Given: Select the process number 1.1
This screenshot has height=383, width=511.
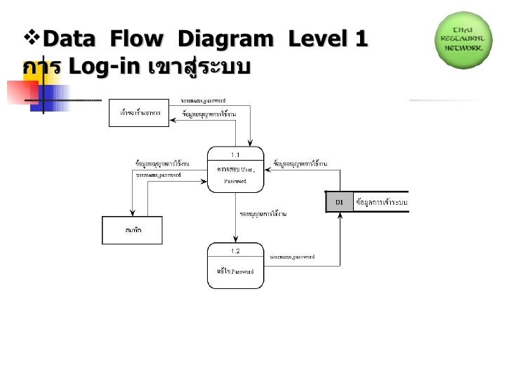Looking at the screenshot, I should click(x=235, y=154).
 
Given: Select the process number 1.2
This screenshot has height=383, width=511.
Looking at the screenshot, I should click(x=235, y=250).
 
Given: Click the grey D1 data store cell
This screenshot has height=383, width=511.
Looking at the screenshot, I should click(x=339, y=202).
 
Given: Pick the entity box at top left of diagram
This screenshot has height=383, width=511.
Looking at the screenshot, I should click(x=139, y=113).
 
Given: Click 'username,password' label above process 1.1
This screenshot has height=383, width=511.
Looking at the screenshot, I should click(x=203, y=100).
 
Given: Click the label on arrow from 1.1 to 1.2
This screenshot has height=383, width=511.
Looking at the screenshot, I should click(x=267, y=213).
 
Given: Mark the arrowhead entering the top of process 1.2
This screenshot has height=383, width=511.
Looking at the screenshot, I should click(x=235, y=241).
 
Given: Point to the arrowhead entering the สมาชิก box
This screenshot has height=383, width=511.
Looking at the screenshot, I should click(x=131, y=214).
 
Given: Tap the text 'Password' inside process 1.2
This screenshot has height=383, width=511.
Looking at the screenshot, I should click(x=243, y=271).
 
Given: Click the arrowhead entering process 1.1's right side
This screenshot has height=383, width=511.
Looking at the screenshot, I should click(x=267, y=172).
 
